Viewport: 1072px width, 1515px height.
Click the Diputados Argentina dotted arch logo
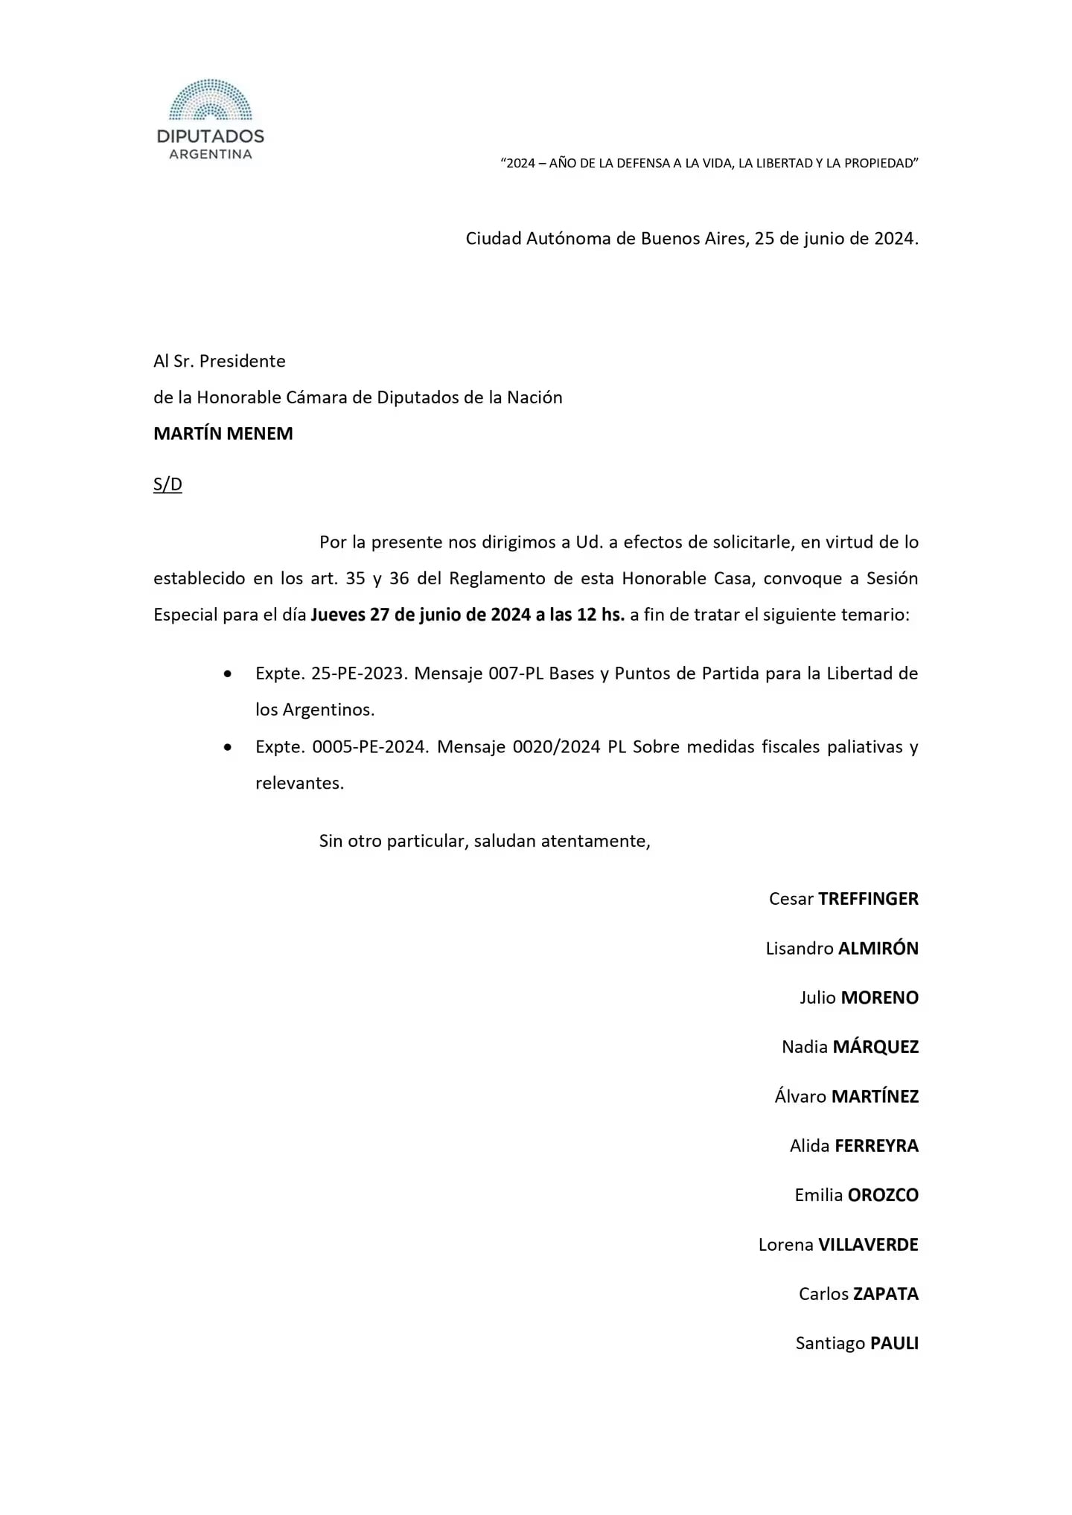tap(211, 100)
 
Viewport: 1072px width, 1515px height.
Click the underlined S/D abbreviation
tap(167, 484)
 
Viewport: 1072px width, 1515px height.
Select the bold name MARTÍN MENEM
tap(223, 434)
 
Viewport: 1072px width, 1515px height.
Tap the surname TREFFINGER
tap(868, 899)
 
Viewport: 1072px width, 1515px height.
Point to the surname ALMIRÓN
tap(878, 949)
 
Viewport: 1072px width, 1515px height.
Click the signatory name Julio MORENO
tap(859, 998)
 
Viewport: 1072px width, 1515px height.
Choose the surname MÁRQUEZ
tap(875, 1047)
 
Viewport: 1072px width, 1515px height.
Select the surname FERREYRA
tap(876, 1146)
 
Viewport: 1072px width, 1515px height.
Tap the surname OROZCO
tap(883, 1195)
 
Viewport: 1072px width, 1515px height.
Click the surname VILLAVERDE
tap(868, 1245)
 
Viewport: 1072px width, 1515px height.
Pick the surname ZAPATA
tap(886, 1294)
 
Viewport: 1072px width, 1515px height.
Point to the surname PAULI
tap(894, 1344)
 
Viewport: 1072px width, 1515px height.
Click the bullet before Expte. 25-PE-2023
tap(228, 674)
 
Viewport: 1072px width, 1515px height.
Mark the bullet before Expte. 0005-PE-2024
tap(228, 747)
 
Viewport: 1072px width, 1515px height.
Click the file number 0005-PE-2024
tap(371, 747)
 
